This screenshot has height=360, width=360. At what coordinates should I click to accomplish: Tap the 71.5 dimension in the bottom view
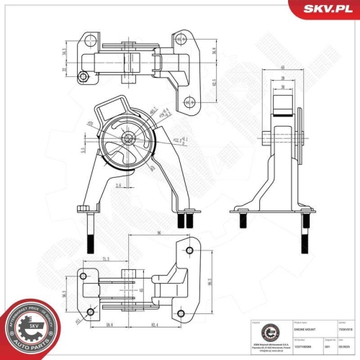pos(105,257)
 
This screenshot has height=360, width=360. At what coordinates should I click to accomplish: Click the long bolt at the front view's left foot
pos(88,230)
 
